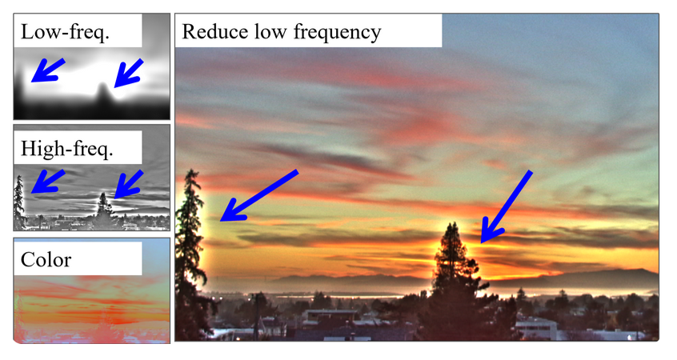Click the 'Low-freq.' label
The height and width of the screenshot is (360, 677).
[x=65, y=32]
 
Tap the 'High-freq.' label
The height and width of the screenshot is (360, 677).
[x=67, y=148]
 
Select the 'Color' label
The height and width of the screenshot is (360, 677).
[x=46, y=259]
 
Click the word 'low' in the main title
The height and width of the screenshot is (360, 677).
[x=270, y=31]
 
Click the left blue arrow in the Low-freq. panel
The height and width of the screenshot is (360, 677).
[x=47, y=70]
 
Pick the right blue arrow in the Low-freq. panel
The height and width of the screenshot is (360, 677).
[x=128, y=73]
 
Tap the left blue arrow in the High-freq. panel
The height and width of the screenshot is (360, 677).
[x=47, y=182]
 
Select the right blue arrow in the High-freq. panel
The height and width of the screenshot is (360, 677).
[x=128, y=184]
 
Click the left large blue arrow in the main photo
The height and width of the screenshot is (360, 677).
[x=259, y=195]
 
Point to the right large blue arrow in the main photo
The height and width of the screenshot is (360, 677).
[x=507, y=206]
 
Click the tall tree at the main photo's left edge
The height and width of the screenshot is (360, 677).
[x=189, y=254]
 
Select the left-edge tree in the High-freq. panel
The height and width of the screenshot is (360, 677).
[x=19, y=202]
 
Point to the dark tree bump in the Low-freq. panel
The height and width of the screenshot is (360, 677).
[x=102, y=95]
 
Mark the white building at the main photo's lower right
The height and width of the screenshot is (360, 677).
[x=537, y=328]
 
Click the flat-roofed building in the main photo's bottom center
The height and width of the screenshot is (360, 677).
[x=331, y=315]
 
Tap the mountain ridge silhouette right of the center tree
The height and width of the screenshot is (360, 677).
[x=575, y=278]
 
